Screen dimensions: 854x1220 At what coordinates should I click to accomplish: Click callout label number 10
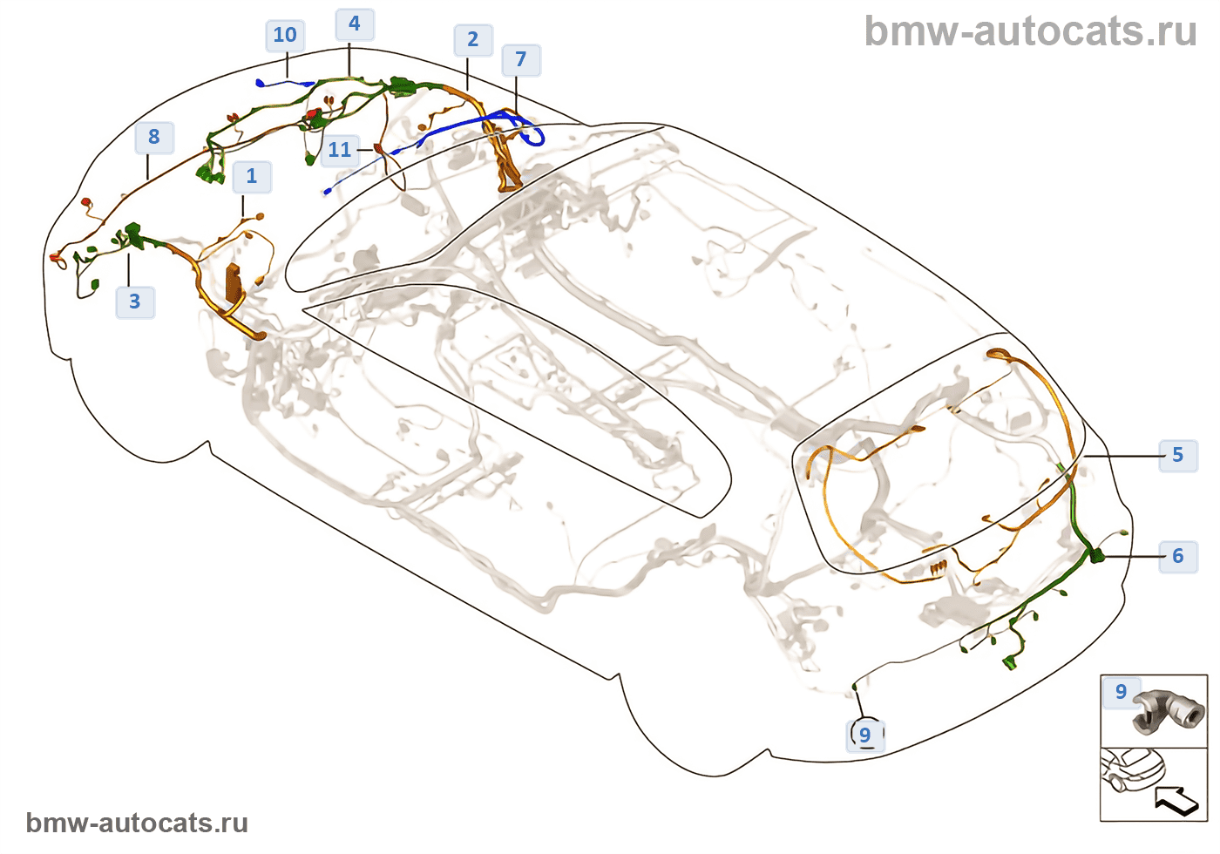pos(285,36)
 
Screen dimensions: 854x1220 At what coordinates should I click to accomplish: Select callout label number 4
pos(355,24)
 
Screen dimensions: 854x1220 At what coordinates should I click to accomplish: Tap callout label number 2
pos(473,40)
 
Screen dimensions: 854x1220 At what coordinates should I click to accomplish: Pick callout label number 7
pos(521,60)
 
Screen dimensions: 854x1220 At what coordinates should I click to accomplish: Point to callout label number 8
pos(154,138)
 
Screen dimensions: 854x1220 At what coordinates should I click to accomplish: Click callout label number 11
pos(340,151)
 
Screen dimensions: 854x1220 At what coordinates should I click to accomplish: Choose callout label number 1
pos(252,177)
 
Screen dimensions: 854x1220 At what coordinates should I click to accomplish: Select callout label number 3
pos(135,302)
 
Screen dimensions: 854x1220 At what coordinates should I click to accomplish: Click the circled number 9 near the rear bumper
pos(865,735)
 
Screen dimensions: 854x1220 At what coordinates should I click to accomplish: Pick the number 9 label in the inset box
pos(1121,693)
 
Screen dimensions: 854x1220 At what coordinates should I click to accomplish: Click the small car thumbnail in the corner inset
pos(1132,769)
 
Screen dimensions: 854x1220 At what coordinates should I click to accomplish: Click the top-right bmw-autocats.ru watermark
pos(1030,32)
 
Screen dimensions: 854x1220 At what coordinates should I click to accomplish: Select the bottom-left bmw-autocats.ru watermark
pos(137,823)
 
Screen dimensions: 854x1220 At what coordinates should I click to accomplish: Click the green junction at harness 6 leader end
pos(1095,555)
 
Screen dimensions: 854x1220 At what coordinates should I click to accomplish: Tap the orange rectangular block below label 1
pos(234,281)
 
